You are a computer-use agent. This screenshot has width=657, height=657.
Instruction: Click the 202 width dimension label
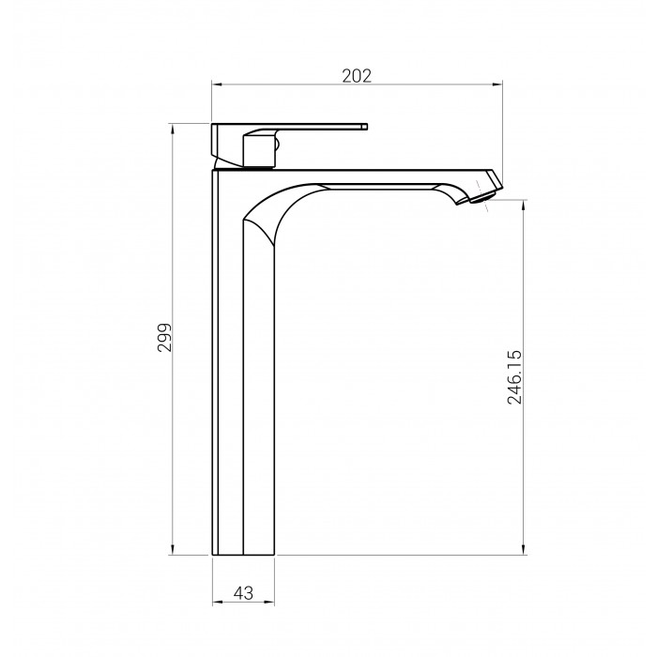tap(357, 76)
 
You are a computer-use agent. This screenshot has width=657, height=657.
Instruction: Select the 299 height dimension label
tap(164, 337)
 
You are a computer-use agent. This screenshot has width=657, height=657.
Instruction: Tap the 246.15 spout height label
tap(514, 377)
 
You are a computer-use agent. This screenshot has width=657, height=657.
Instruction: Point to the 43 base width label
tap(243, 593)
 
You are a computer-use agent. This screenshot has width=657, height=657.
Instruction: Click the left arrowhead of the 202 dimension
tap(216, 84)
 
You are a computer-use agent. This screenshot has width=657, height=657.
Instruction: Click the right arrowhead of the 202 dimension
tap(497, 84)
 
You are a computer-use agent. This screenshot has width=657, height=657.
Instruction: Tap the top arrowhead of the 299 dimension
tap(173, 129)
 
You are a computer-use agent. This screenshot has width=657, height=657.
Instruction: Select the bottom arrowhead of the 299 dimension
tap(173, 550)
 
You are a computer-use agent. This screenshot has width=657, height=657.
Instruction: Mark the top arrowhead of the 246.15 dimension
tap(524, 206)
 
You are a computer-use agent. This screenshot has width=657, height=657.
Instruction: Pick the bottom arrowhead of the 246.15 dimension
tap(524, 550)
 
